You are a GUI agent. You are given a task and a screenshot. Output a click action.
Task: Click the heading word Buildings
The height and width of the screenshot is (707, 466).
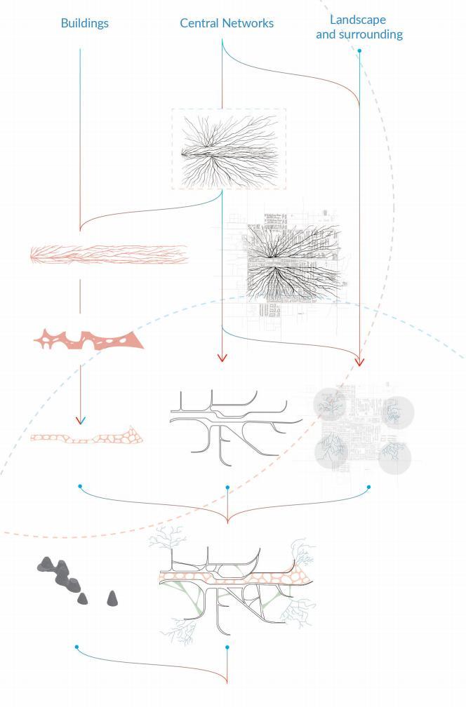click(x=84, y=23)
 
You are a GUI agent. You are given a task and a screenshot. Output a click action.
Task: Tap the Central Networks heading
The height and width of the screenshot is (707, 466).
click(x=227, y=23)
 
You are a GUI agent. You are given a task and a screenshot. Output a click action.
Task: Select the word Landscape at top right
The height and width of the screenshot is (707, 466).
click(x=359, y=20)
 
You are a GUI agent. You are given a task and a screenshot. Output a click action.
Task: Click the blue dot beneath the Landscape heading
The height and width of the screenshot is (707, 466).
click(x=359, y=51)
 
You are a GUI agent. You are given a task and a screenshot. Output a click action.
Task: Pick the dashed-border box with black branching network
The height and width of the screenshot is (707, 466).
click(x=229, y=148)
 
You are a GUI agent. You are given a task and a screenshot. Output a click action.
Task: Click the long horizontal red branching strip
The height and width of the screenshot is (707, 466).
click(x=109, y=255)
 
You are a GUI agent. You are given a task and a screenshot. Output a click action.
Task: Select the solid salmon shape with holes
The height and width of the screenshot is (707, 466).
click(x=88, y=340)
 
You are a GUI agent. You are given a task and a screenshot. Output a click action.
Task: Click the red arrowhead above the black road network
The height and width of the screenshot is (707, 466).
click(x=222, y=358)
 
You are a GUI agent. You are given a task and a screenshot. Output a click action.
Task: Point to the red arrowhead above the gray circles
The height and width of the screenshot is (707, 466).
click(x=360, y=362)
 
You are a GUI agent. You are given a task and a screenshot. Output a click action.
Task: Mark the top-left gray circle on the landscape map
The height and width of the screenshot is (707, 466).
click(x=328, y=403)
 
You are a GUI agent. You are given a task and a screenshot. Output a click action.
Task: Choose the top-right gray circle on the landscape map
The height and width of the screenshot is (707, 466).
click(x=398, y=412)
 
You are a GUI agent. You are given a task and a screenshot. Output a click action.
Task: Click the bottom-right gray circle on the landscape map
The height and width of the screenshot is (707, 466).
click(x=394, y=457)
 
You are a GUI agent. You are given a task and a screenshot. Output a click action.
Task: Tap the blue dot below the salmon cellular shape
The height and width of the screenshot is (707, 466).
click(x=81, y=486)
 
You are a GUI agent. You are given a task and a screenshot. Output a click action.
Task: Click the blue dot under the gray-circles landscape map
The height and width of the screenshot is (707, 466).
click(x=368, y=487)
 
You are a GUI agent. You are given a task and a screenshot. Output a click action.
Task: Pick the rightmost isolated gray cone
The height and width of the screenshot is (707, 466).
click(x=112, y=598)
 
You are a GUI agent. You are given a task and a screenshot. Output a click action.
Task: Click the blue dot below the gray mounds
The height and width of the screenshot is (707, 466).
click(x=76, y=647)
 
